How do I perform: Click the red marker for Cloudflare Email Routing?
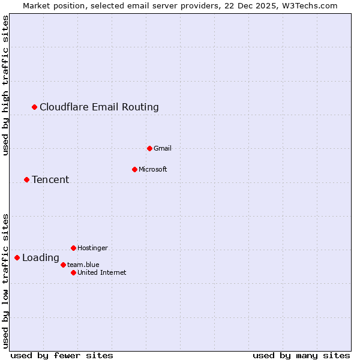[35, 107]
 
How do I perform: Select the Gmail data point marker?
[149, 148]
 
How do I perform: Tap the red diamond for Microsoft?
[134, 169]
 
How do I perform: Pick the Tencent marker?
[26, 179]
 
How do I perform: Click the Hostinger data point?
[73, 248]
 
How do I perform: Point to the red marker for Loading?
[17, 257]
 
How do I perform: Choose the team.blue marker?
[63, 265]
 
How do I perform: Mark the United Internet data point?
[73, 272]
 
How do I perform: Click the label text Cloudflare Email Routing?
[99, 107]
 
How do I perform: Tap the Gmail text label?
[163, 148]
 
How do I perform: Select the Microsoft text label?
[152, 169]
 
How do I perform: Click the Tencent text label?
[50, 179]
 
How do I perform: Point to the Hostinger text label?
[92, 248]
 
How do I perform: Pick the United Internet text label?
[102, 272]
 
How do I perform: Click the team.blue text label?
[83, 265]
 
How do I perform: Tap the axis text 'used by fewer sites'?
[62, 355]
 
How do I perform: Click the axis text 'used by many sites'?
[301, 355]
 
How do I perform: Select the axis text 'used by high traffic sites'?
[5, 85]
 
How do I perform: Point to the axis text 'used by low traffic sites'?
[5, 281]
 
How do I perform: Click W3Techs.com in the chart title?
[310, 5]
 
